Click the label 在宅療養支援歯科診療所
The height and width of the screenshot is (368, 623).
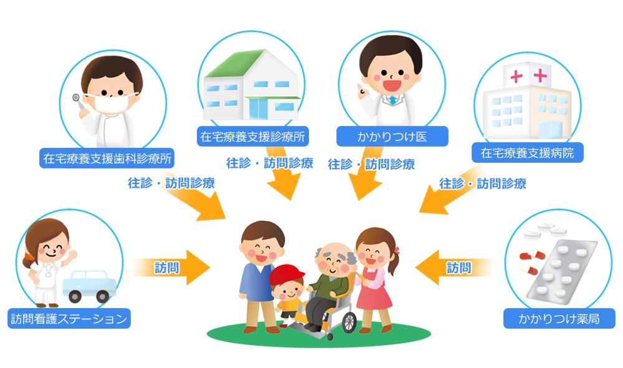point(106,158)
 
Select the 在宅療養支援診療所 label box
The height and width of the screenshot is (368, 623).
point(253,136)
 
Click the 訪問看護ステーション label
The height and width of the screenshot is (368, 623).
point(69,319)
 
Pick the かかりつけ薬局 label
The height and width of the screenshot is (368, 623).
point(559,319)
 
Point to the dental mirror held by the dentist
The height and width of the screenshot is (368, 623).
point(77,98)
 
